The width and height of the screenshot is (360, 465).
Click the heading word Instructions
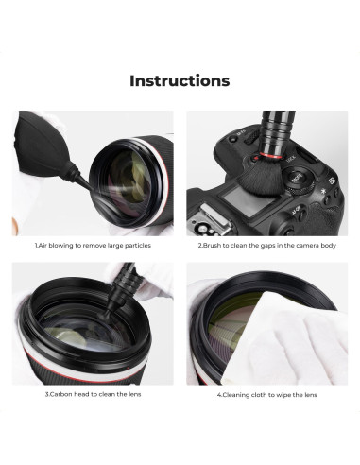(x=180, y=80)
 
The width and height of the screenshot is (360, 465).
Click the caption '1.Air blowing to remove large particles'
(x=93, y=245)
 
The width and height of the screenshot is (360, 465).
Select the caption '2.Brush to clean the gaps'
(x=266, y=245)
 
